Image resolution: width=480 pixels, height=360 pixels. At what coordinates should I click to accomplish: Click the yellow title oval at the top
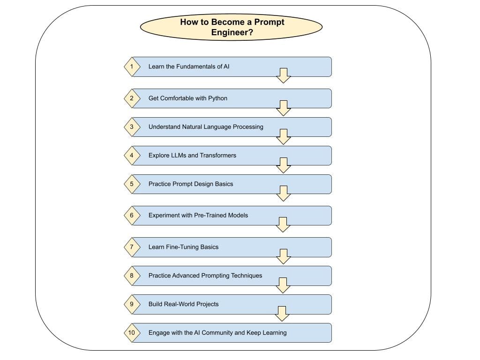(232, 27)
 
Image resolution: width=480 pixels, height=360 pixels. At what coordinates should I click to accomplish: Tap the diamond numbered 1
(132, 67)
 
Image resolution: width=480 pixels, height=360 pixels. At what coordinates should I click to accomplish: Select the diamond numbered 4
(132, 155)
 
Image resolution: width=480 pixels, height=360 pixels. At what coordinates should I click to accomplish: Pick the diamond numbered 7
(132, 247)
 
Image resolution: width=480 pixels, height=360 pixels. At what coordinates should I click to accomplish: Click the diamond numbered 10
(132, 333)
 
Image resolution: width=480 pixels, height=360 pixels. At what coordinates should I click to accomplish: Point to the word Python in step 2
(217, 98)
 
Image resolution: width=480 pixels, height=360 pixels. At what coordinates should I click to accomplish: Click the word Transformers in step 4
(218, 155)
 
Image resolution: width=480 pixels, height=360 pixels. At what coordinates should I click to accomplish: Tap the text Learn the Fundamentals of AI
(189, 67)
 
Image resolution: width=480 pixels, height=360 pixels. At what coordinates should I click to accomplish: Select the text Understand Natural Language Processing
(206, 127)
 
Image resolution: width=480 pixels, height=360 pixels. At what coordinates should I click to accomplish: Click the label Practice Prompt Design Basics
(191, 184)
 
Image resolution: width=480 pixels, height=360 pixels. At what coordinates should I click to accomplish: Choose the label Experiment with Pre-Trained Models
(198, 215)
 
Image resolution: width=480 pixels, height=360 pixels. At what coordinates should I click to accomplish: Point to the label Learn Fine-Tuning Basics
(183, 247)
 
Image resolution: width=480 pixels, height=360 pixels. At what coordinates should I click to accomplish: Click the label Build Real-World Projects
(183, 304)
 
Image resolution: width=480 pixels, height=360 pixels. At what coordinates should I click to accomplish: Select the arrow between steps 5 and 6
(284, 193)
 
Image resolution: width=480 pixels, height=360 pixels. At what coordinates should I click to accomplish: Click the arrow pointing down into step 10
(282, 314)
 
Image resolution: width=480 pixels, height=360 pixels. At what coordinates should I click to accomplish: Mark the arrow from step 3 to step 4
(284, 136)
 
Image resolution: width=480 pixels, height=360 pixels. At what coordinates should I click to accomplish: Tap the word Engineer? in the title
(232, 33)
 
